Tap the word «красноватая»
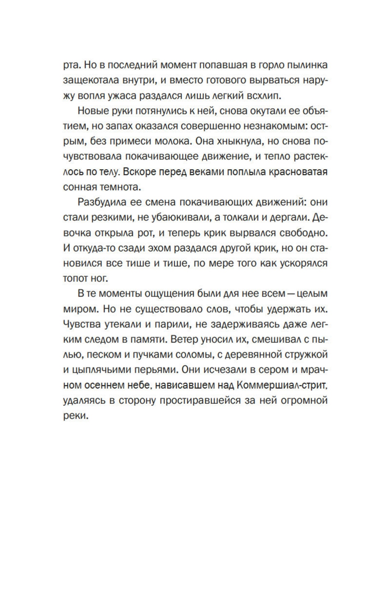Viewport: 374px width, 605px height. point(298,171)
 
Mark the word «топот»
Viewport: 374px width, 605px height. point(74,278)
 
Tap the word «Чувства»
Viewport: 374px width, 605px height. point(82,323)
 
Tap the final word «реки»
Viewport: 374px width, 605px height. point(75,415)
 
